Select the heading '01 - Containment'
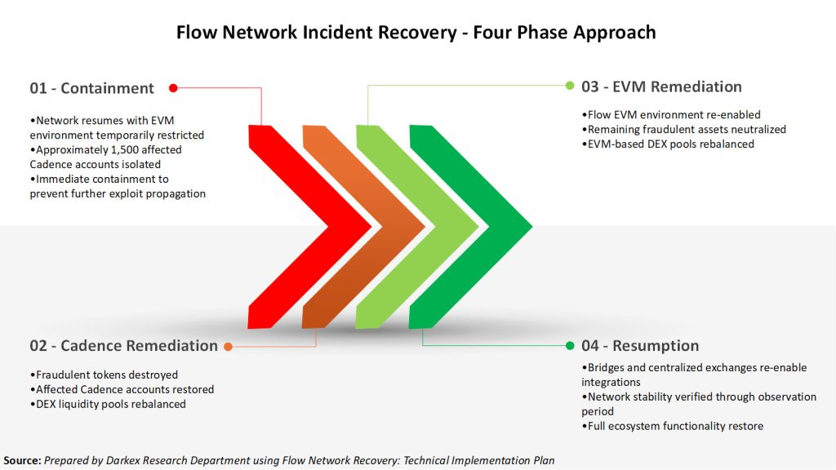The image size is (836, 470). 92,88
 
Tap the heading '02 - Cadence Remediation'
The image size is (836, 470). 124,346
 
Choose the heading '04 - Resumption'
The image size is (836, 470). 639,346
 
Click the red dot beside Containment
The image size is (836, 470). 173,87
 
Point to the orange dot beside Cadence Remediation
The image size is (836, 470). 229,347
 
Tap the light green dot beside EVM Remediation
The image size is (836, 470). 571,85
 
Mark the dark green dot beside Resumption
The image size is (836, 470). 570,346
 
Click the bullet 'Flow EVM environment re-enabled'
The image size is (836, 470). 670,115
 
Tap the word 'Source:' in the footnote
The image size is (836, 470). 22,461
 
